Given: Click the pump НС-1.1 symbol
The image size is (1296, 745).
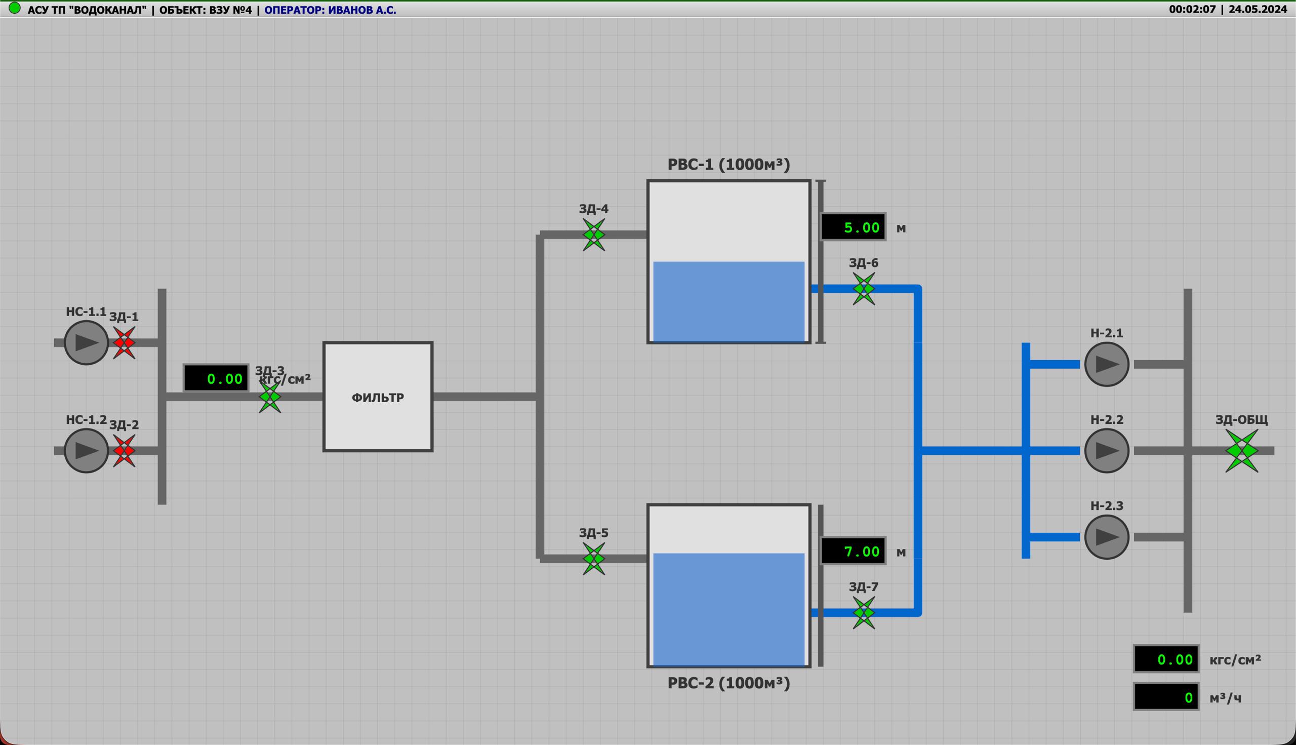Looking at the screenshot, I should tap(87, 343).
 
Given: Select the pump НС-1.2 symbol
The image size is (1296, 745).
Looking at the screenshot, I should tap(87, 451).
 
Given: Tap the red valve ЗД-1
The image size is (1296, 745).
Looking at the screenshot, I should tap(124, 343).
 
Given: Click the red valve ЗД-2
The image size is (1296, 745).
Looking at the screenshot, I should tap(124, 451).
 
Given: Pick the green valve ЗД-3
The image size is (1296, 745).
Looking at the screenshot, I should tap(270, 397).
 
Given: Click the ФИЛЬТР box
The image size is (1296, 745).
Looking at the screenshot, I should tap(378, 397).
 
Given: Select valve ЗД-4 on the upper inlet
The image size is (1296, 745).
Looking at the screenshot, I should tap(594, 235).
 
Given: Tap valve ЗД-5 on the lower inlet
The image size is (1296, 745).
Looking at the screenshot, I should tap(594, 559).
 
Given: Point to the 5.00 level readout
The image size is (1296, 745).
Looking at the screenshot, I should tap(853, 227).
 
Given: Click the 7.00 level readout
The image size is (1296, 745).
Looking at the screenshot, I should tap(853, 551).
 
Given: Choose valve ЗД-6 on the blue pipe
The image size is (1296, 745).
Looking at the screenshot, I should tap(864, 289).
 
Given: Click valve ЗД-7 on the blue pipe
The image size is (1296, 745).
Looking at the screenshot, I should tap(864, 613).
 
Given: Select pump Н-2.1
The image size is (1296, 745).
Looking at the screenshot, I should tap(1107, 364).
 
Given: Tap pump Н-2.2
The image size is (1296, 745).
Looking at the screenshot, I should tap(1107, 451).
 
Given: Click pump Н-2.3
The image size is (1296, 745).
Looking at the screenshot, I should tap(1107, 537).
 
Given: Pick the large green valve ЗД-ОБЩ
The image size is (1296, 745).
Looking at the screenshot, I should tap(1242, 451).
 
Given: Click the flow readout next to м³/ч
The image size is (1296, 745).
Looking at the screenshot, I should tap(1166, 697).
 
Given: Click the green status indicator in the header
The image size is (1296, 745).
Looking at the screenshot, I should tap(15, 8).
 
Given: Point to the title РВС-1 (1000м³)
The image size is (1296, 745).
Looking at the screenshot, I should tap(729, 164).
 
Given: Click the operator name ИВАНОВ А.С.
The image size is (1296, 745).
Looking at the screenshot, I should tap(361, 10).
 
